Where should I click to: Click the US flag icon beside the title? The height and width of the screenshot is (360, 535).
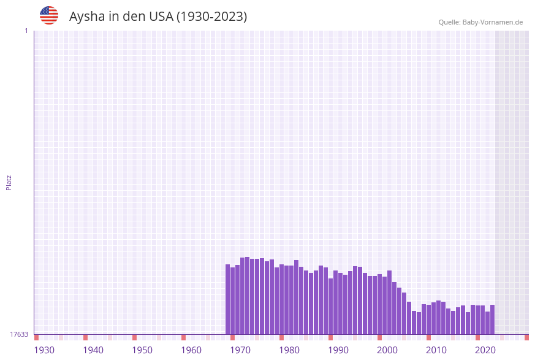coord(49,15)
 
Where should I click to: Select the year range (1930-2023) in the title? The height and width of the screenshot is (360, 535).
coord(211,17)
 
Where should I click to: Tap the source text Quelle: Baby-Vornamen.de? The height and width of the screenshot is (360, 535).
coord(480,22)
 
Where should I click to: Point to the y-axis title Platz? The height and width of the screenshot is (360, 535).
coord(9,183)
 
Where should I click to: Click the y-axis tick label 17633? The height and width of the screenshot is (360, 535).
coord(19,334)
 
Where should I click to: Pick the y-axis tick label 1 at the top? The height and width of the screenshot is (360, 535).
coord(26,31)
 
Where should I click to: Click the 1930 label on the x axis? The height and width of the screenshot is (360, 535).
coord(44,350)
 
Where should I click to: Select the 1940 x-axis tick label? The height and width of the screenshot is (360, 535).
coord(93,350)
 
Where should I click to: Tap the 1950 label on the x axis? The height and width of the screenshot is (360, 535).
coord(142,350)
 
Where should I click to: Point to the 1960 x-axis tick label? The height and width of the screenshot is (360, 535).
coord(191,350)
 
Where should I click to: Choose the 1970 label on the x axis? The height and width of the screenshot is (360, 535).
coord(240,350)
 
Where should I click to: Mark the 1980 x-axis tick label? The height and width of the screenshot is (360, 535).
coord(289,350)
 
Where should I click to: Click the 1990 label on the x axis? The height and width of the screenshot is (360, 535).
coord(338,350)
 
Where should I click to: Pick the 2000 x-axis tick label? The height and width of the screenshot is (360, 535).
coord(387,350)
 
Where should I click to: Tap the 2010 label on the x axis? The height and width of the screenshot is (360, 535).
coord(436,350)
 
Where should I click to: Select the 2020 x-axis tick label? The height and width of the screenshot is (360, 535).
coord(485,350)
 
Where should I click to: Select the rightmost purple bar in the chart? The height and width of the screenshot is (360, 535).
coord(492,320)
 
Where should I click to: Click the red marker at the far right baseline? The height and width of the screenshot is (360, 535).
coord(526,337)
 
